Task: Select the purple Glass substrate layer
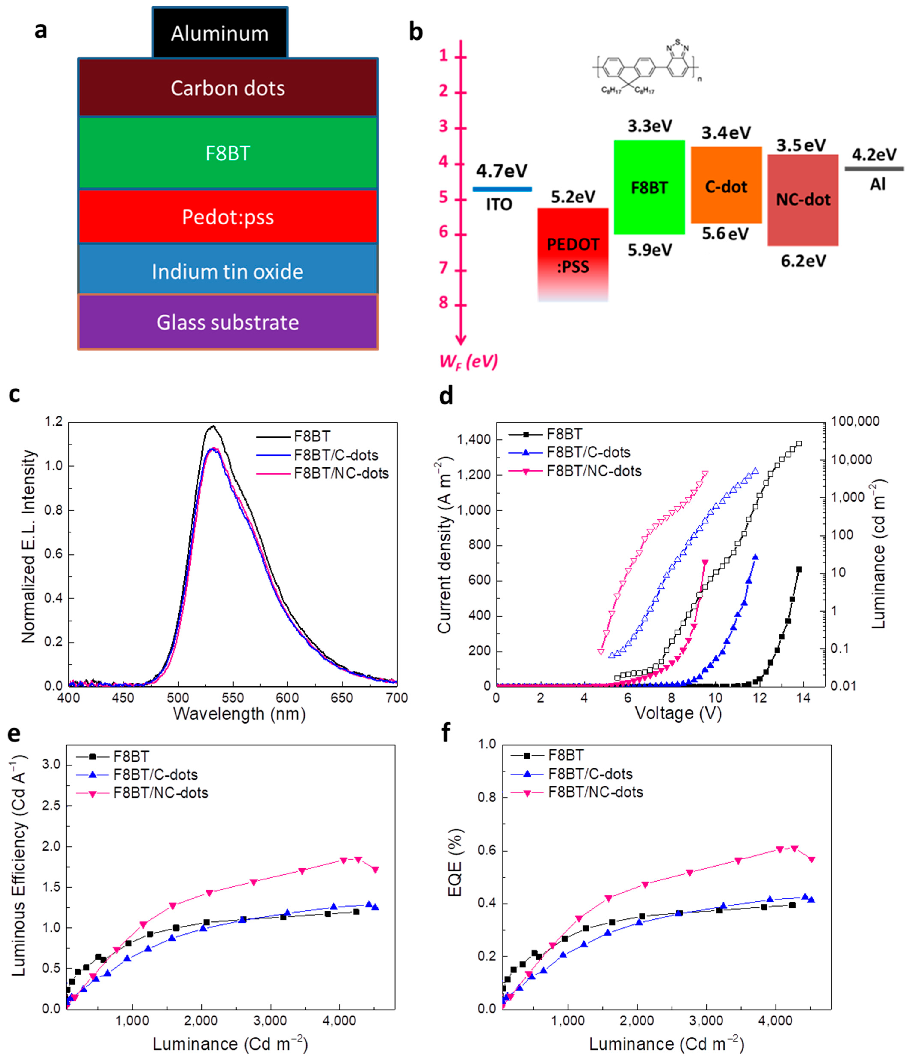point(228,322)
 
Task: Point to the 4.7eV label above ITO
point(502,171)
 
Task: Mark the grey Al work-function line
point(874,168)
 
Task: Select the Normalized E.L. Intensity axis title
point(29,546)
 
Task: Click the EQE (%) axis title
point(454,862)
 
